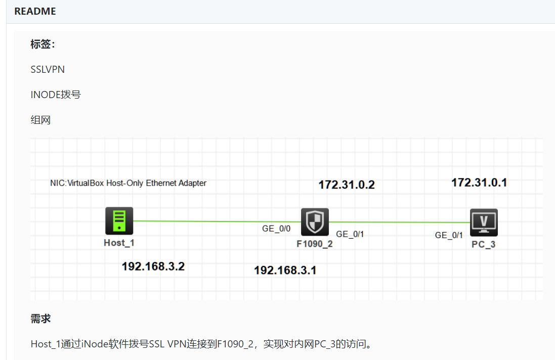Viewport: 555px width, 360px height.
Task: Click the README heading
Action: coord(35,11)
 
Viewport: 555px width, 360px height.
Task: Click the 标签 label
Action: coord(42,44)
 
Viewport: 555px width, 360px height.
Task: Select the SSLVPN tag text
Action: coord(48,69)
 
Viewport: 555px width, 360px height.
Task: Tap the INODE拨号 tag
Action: coord(56,95)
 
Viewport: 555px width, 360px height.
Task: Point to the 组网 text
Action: coord(40,120)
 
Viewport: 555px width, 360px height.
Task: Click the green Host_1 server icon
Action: coord(119,221)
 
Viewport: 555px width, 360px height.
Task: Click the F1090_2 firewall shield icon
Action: coord(315,222)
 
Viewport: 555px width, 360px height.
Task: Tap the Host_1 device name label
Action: coord(119,243)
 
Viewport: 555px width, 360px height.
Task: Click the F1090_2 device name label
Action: coord(314,244)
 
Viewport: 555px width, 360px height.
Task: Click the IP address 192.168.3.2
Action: coord(153,266)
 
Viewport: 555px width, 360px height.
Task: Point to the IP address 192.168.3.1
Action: coord(285,271)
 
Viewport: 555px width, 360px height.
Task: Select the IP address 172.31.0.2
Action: coord(347,185)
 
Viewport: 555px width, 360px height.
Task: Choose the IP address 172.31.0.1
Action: coord(479,183)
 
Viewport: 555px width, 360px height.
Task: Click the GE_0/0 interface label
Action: coord(276,229)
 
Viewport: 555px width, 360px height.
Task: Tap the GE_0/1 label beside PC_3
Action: coord(449,235)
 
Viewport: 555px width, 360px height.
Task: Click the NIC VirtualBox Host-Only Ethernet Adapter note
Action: coord(128,183)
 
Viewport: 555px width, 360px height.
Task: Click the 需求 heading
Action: coord(40,319)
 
